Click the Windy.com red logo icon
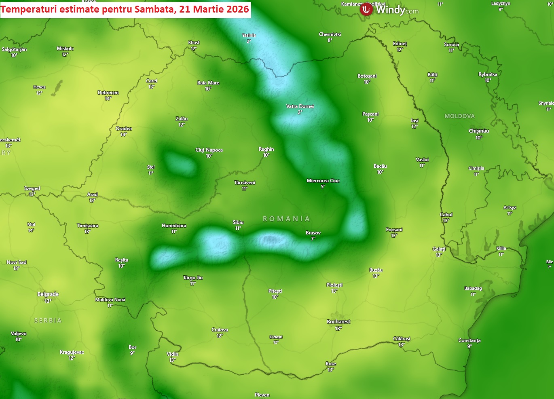(x=366, y=9)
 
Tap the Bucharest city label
(x=338, y=322)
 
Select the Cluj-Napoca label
(x=209, y=150)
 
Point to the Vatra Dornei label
(x=300, y=106)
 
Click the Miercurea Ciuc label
(x=323, y=181)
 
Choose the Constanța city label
(x=469, y=340)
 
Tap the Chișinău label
(x=479, y=131)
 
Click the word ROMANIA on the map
(x=286, y=219)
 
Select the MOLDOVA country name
(x=459, y=116)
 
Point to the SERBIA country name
(x=48, y=321)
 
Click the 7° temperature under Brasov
(x=313, y=239)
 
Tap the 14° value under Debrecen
(x=108, y=99)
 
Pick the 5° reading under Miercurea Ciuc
(x=323, y=187)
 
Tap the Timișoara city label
(x=87, y=226)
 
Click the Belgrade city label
(x=48, y=294)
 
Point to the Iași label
(x=414, y=120)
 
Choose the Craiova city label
(x=220, y=330)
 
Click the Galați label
(x=439, y=249)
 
